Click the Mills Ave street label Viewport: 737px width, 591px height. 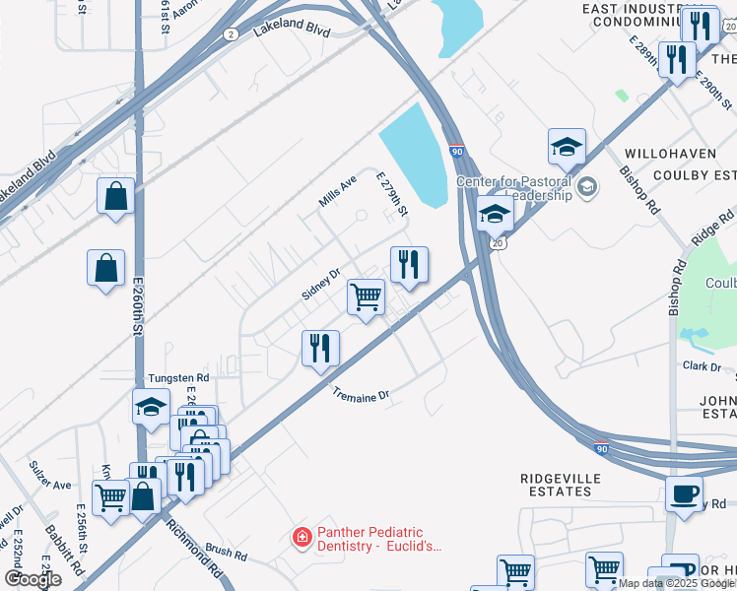click(x=337, y=191)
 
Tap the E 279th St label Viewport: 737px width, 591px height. click(x=392, y=193)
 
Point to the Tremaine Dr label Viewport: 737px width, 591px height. click(x=361, y=394)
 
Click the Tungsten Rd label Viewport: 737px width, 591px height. click(x=178, y=377)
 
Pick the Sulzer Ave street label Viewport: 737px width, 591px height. click(x=50, y=485)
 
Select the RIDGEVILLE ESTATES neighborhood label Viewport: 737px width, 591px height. click(x=561, y=486)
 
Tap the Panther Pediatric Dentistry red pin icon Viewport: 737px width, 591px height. click(x=302, y=538)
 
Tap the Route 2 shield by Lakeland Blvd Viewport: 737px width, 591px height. click(x=231, y=33)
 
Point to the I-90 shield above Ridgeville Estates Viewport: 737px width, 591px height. click(x=603, y=446)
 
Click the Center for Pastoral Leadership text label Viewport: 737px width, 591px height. click(x=514, y=188)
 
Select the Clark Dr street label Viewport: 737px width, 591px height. click(x=702, y=365)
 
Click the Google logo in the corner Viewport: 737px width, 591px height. click(x=33, y=578)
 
